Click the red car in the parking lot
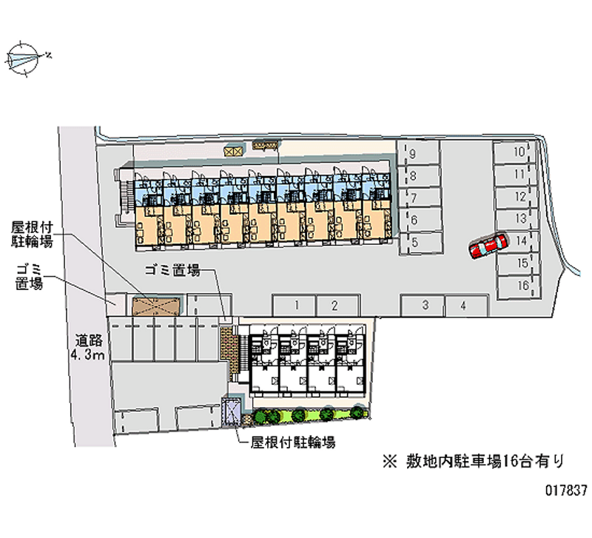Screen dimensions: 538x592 coord(488,246)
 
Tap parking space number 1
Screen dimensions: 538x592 coord(295,305)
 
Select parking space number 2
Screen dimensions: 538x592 coord(334,305)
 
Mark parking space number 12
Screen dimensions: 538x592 coord(520,198)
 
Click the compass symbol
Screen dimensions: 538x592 coord(24,56)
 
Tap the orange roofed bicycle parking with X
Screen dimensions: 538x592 coord(156,305)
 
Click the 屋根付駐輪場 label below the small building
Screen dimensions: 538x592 coord(293,443)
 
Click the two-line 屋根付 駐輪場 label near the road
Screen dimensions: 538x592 coord(32,233)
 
